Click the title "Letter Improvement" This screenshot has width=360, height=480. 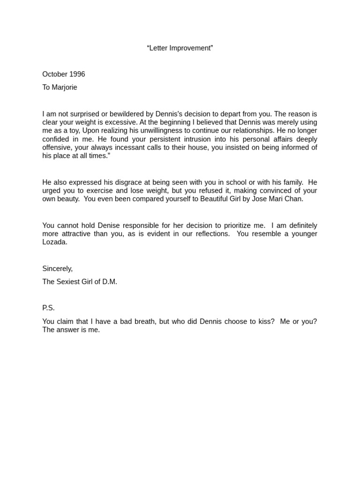point(180,48)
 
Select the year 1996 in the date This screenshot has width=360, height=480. point(77,74)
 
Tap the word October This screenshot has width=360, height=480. point(55,74)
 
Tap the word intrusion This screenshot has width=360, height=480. point(184,139)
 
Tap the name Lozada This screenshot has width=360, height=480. point(55,242)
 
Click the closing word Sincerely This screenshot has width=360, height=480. point(57,269)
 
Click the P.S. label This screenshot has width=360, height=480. point(48,308)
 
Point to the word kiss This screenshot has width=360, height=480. point(265,322)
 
